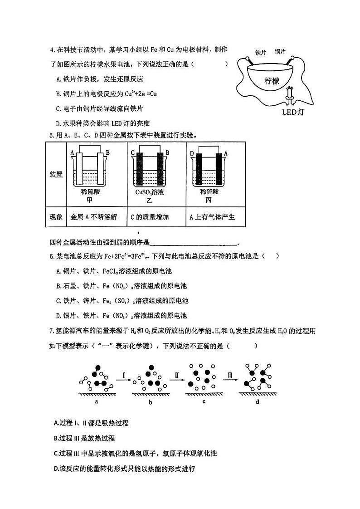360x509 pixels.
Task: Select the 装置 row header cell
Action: pyautogui.click(x=56, y=175)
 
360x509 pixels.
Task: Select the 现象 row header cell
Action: pyautogui.click(x=56, y=217)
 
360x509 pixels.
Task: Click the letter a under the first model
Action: pyautogui.click(x=97, y=401)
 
